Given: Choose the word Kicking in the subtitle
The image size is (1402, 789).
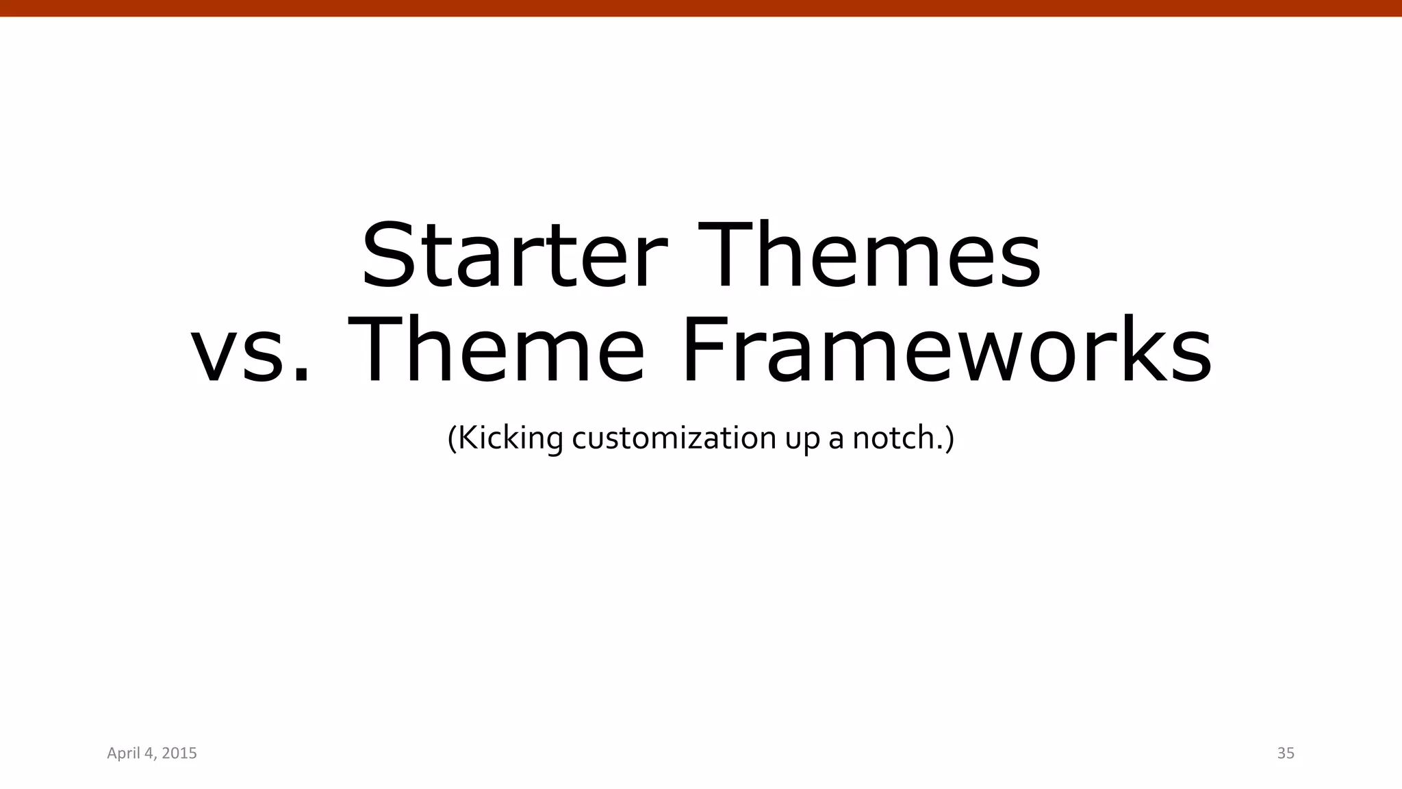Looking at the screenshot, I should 510,438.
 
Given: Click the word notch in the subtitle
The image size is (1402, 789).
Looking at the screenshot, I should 891,438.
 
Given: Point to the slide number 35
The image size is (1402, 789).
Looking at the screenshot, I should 1286,753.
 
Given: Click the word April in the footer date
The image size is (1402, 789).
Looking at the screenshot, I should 123,753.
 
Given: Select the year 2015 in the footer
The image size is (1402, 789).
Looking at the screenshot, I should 180,753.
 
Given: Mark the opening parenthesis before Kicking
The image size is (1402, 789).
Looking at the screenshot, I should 452,438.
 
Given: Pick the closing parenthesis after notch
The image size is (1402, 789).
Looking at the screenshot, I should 949,438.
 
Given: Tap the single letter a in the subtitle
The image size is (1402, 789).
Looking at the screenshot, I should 836,440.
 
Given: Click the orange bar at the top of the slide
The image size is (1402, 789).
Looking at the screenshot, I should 701,8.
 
